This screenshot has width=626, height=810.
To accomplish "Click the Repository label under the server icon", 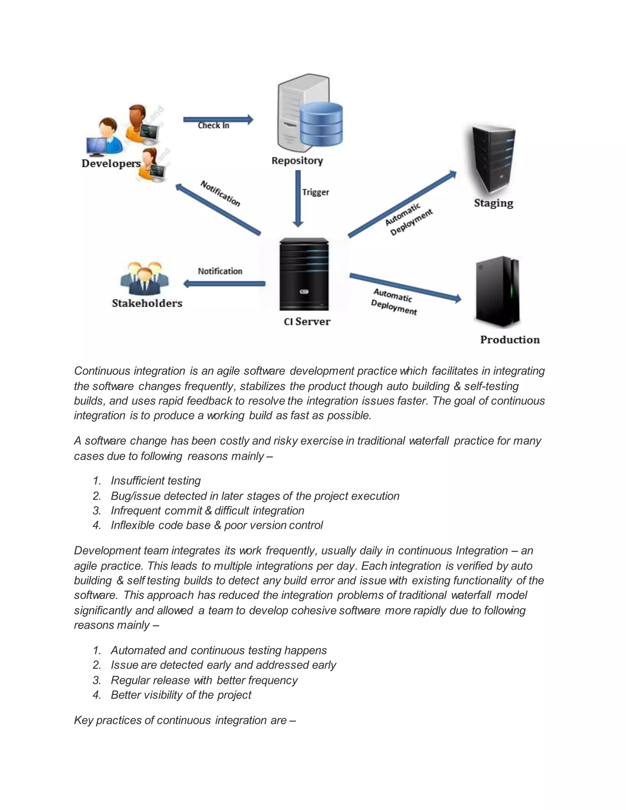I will pyautogui.click(x=297, y=160).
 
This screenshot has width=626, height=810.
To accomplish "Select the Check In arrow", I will pyautogui.click(x=218, y=120).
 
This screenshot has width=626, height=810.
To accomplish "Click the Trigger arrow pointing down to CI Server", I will pyautogui.click(x=298, y=198).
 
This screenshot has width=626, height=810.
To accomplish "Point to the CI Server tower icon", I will pyautogui.click(x=304, y=274).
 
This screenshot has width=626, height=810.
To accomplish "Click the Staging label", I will pyautogui.click(x=494, y=203).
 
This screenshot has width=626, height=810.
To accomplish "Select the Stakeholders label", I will pyautogui.click(x=147, y=304).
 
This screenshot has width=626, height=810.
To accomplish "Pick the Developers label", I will pyautogui.click(x=111, y=164).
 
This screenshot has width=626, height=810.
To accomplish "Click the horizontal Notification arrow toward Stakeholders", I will pyautogui.click(x=224, y=284).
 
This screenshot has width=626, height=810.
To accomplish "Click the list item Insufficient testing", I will pyautogui.click(x=156, y=481).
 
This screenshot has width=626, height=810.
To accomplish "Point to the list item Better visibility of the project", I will pyautogui.click(x=181, y=695).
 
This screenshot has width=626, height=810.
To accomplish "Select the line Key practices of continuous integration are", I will pyautogui.click(x=185, y=720).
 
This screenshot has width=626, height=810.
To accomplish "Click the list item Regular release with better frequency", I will pyautogui.click(x=204, y=680).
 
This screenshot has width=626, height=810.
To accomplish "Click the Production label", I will pyautogui.click(x=510, y=340).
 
